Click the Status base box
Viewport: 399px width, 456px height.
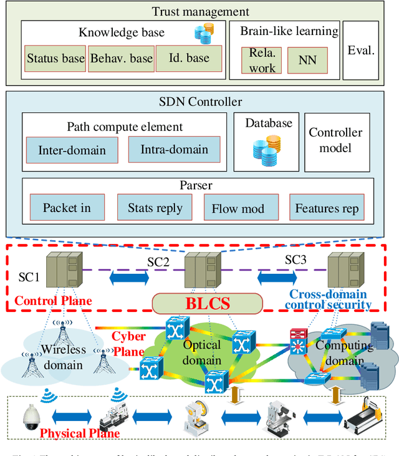55,59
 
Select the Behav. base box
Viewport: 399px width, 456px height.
121,59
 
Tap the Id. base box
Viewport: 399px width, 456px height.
189,58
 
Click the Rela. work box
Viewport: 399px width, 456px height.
261,60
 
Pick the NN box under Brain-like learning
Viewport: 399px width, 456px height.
306,60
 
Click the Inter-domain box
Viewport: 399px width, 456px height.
72,150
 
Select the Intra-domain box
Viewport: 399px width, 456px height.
174,149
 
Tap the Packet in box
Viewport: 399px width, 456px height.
67,207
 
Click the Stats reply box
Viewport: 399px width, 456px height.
155,207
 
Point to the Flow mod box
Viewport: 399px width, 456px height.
238,208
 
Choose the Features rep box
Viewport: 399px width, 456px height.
327,208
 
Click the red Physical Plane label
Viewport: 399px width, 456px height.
79,433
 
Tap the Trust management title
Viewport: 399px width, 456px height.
201,11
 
